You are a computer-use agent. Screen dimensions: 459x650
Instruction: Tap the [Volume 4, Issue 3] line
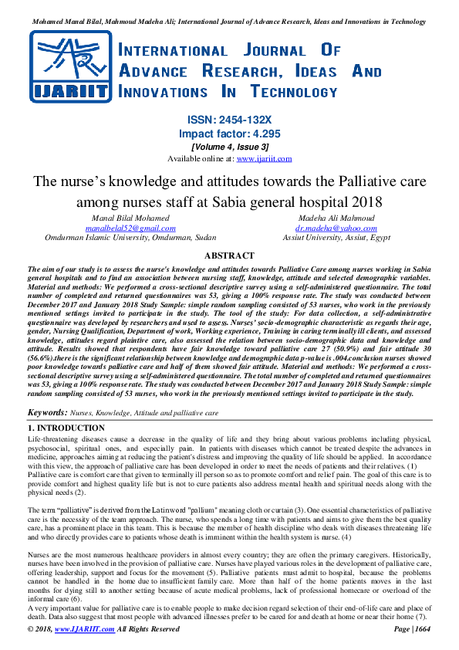pyautogui.click(x=229, y=147)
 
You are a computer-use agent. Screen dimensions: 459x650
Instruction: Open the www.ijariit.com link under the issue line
pyautogui.click(x=264, y=158)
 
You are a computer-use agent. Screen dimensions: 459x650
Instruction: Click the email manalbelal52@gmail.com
pyautogui.click(x=130, y=229)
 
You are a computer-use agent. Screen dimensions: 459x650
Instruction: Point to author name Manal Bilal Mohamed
pyautogui.click(x=130, y=218)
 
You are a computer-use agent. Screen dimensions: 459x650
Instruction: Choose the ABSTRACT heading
pyautogui.click(x=229, y=256)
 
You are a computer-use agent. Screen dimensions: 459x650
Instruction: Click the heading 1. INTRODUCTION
pyautogui.click(x=66, y=427)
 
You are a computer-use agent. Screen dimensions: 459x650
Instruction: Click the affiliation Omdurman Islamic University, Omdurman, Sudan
pyautogui.click(x=130, y=239)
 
